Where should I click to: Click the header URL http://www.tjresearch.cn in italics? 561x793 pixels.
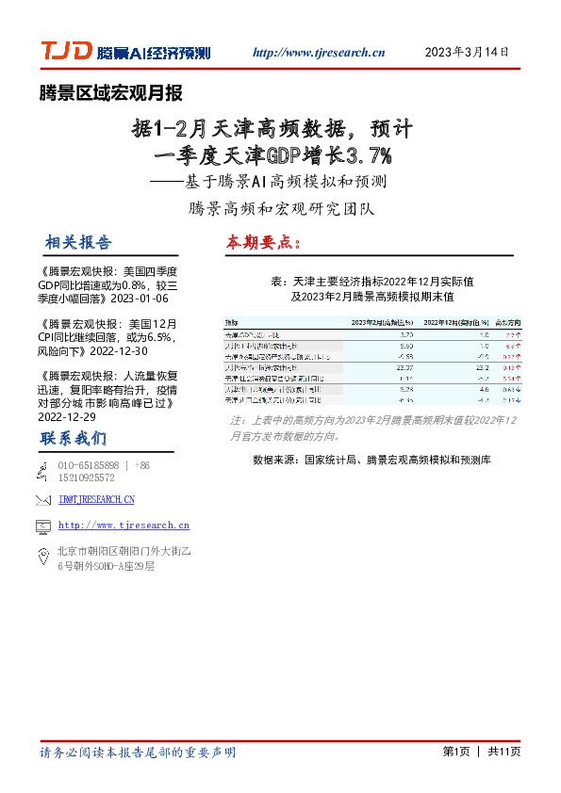click(x=320, y=53)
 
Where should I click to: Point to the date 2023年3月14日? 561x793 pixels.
click(x=468, y=52)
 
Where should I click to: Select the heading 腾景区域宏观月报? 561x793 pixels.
click(x=110, y=93)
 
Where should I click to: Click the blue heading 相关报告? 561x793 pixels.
click(x=77, y=242)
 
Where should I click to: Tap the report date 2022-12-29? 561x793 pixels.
click(x=69, y=415)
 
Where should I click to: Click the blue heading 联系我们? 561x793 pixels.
click(x=73, y=439)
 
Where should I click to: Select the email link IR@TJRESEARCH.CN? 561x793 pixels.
click(x=96, y=499)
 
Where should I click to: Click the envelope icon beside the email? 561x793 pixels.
click(x=41, y=499)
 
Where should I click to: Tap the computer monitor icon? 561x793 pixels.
click(x=41, y=526)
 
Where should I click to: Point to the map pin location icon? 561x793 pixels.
click(x=41, y=558)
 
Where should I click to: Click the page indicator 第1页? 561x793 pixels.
click(x=455, y=752)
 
